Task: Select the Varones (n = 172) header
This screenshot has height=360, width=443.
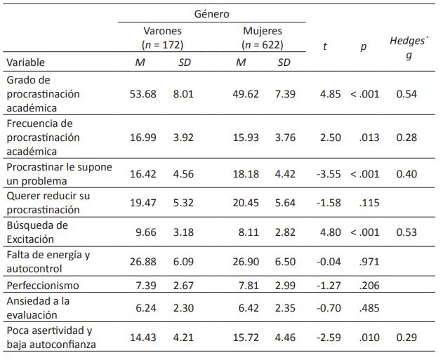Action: [x=163, y=38]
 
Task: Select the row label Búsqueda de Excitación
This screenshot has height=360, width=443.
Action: [x=37, y=232]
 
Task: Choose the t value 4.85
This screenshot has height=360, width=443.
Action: [x=329, y=94]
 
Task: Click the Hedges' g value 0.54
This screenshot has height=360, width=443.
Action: [x=406, y=94]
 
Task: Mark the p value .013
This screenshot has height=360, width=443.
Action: [x=368, y=138]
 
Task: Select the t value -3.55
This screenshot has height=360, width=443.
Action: [x=329, y=174]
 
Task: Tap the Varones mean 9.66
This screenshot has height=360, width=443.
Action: [x=143, y=232]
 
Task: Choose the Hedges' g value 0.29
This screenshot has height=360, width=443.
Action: [x=406, y=337]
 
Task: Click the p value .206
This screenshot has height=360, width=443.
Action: [x=368, y=286]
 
